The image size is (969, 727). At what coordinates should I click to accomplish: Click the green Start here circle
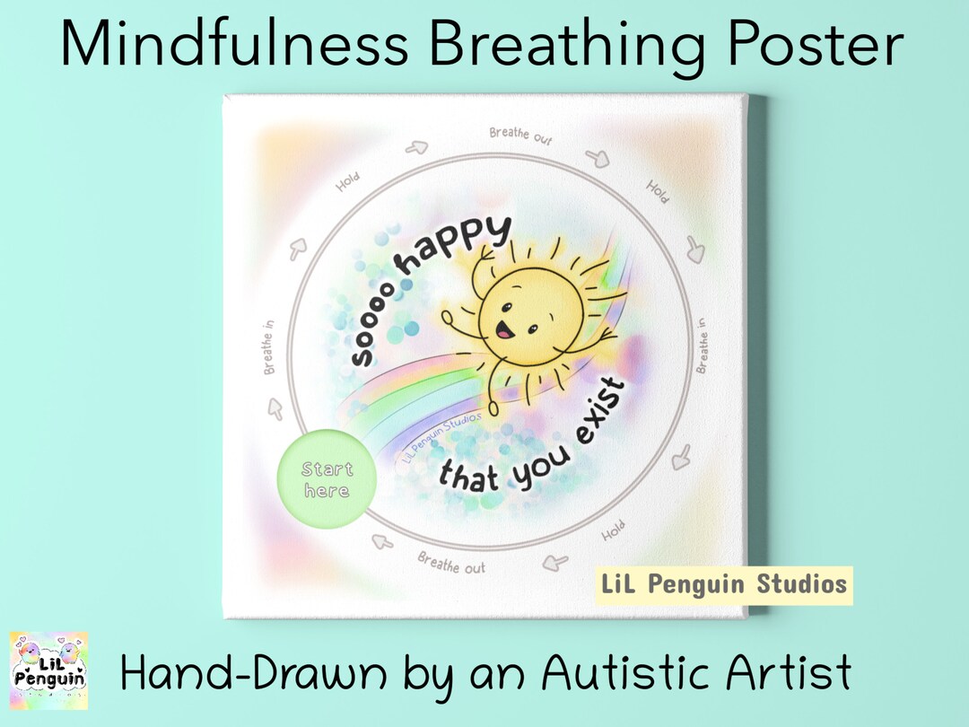click(x=327, y=480)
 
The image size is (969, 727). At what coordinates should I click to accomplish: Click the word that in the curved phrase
click(x=467, y=476)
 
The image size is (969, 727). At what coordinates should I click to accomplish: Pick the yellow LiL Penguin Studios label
click(x=723, y=585)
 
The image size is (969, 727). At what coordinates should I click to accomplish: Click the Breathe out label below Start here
click(x=451, y=564)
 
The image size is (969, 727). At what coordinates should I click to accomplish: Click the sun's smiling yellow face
click(x=529, y=310)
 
